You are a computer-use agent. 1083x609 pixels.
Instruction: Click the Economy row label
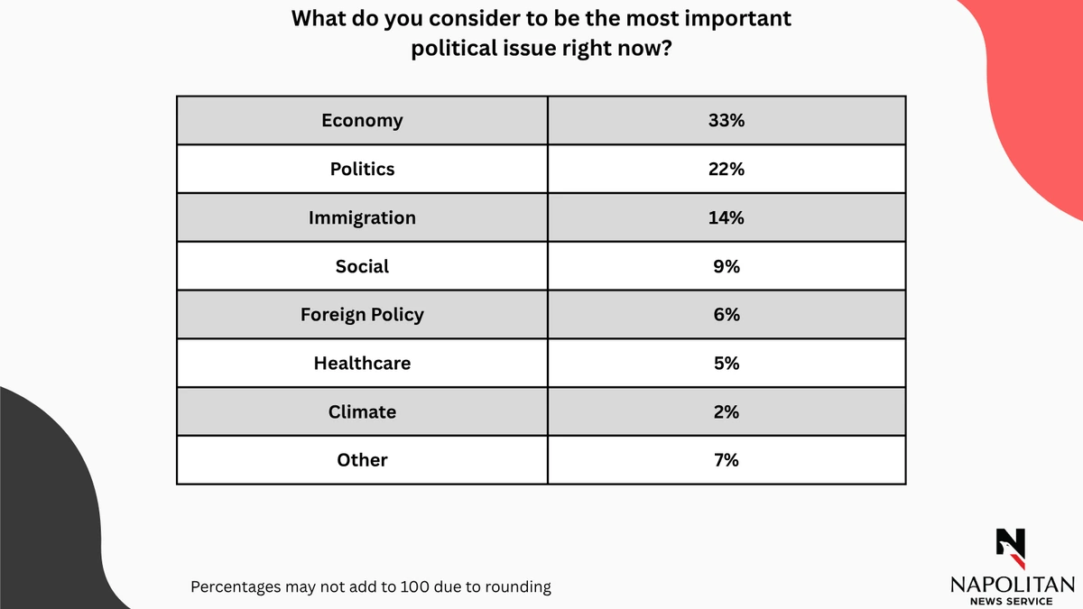point(362,121)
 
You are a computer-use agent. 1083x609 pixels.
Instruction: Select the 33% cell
point(726,121)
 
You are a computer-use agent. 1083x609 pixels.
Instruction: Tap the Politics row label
point(362,170)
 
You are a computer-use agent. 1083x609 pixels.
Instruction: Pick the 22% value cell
point(726,170)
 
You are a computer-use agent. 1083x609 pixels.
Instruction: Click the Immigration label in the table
point(362,218)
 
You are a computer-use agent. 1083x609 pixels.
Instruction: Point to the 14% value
point(726,218)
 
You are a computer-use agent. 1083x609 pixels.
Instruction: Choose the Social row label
point(362,267)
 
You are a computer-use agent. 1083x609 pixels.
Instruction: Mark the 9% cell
point(726,267)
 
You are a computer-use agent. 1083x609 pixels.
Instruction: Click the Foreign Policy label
point(362,315)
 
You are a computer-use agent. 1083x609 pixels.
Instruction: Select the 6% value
point(726,315)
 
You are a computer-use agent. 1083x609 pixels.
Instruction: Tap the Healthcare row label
point(362,364)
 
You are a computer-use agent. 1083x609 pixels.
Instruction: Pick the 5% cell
point(726,364)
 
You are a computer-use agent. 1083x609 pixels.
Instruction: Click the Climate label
point(362,412)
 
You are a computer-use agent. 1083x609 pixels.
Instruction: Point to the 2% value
point(726,412)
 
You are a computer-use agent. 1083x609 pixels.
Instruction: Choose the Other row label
point(362,460)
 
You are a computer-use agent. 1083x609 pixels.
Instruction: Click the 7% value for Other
point(726,460)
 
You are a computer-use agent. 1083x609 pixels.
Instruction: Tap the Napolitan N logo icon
point(1012,544)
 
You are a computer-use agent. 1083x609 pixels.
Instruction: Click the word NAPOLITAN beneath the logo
point(1012,585)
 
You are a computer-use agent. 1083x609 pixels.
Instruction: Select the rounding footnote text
point(370,586)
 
